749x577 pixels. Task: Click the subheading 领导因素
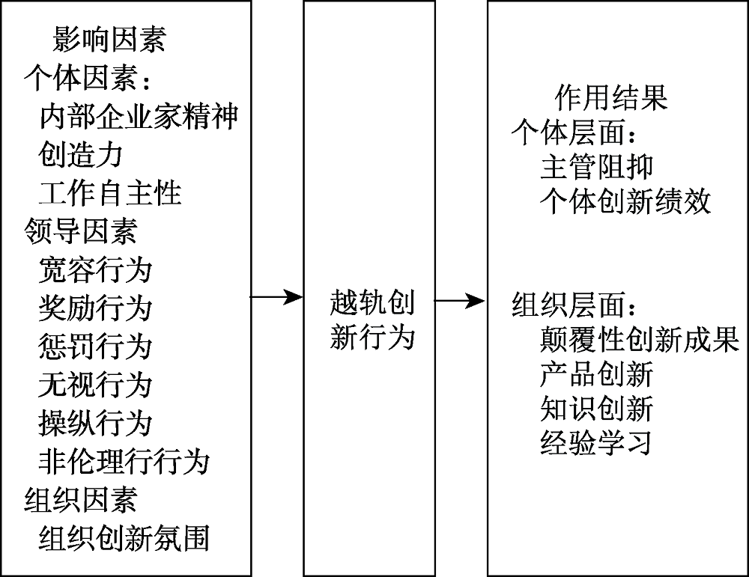click(x=81, y=231)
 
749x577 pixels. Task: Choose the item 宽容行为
click(x=95, y=269)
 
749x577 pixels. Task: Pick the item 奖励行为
click(x=95, y=308)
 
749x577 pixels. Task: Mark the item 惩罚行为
click(x=95, y=346)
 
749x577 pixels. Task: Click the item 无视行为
click(x=95, y=385)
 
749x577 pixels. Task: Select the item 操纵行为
click(x=95, y=423)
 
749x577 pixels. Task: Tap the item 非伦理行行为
click(x=124, y=461)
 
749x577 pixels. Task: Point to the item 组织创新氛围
click(x=124, y=538)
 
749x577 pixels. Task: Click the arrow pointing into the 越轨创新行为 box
click(x=276, y=298)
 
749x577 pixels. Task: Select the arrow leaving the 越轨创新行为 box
click(x=461, y=302)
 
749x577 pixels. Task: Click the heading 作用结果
click(x=611, y=97)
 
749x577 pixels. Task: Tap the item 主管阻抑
click(x=597, y=166)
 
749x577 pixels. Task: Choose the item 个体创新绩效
click(x=625, y=203)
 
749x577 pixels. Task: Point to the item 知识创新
click(x=597, y=409)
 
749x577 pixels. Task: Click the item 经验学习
click(x=597, y=444)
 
